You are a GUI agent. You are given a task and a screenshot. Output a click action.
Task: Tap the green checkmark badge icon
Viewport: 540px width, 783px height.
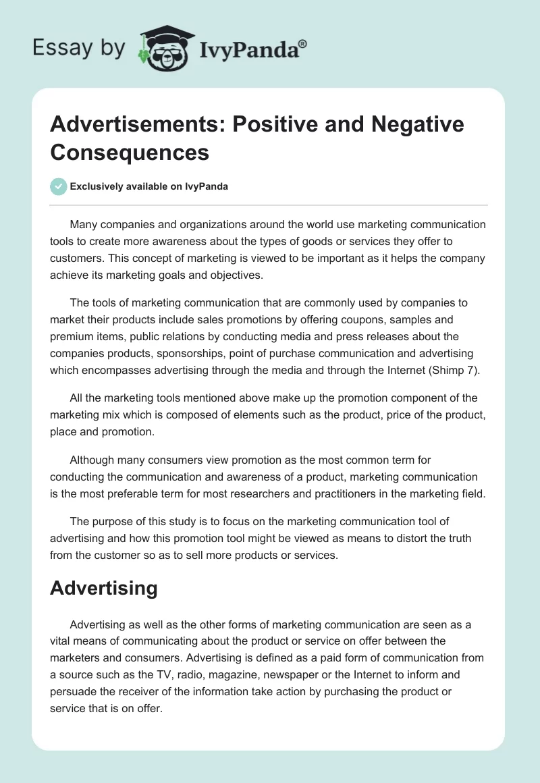[x=58, y=186]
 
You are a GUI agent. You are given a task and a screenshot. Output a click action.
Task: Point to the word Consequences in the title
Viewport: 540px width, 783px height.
[x=130, y=152]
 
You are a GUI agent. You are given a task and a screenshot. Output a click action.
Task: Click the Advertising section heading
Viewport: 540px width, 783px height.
[x=103, y=587]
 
